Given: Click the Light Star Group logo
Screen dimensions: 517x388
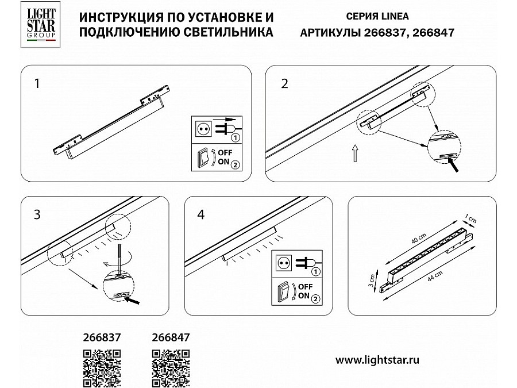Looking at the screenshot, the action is pos(41,24).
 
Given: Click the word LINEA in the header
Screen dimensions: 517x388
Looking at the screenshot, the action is pos(395,16).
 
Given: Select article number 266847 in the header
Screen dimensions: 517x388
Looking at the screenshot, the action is pos(433,33).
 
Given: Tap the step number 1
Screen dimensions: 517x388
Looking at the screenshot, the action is pos(37,83).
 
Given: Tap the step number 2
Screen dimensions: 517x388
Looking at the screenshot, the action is pos(284,83).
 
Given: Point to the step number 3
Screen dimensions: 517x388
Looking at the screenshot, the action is pos(37,214).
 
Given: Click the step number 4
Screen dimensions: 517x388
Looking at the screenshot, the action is pos(201,214).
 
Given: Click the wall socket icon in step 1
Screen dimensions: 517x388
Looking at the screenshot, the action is pos(203,129).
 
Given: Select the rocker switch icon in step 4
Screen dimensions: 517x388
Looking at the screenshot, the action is pos(284,290).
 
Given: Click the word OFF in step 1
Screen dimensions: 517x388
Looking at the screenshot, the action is pos(225,153).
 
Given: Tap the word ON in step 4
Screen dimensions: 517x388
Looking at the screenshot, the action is pos(304,295).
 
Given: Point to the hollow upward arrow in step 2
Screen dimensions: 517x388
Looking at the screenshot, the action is pos(355,153).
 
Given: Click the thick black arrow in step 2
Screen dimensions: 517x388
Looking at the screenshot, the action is pos(453,164).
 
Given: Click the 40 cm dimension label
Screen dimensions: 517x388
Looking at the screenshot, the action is pos(419,239).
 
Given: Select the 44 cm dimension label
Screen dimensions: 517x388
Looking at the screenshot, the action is pos(435,276).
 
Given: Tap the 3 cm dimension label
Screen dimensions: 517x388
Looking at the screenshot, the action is pos(372,281).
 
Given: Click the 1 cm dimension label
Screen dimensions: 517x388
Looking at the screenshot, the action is pos(470,219).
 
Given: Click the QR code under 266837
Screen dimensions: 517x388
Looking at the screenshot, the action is pos(102,368).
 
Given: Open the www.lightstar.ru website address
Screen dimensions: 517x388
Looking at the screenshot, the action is pos(377,360).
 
